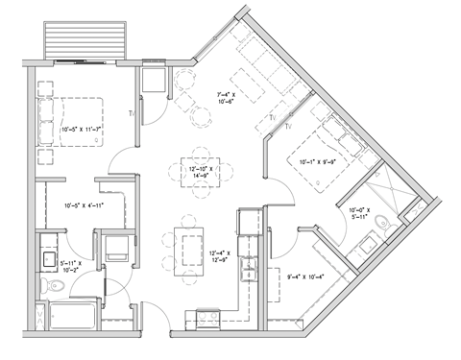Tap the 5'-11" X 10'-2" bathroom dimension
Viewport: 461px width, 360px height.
[x=68, y=266]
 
